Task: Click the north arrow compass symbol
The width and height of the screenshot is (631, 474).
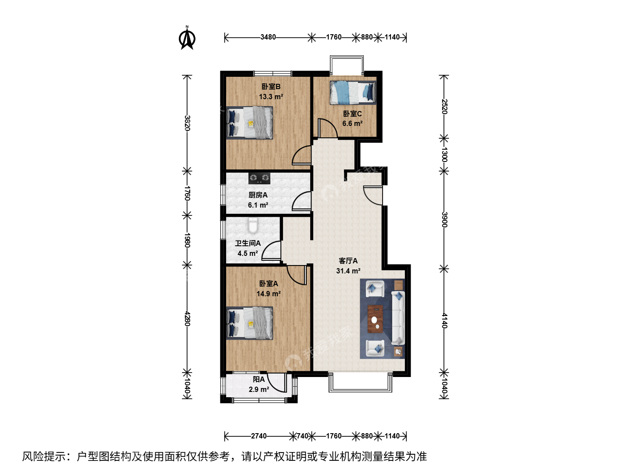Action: [x=187, y=38]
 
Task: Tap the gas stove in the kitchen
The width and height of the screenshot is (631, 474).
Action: [x=259, y=179]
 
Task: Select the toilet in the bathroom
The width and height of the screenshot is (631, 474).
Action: [x=253, y=225]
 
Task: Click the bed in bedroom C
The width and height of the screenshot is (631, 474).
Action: [x=353, y=92]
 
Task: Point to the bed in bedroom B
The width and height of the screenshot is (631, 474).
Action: [x=249, y=123]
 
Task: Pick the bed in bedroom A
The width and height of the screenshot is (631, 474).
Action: [x=249, y=323]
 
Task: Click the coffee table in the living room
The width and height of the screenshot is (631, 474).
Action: [x=375, y=319]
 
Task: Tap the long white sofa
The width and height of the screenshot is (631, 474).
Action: [x=398, y=318]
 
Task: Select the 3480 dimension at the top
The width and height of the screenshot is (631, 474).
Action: [x=268, y=37]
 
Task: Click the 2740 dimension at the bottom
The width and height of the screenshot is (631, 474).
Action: [x=259, y=436]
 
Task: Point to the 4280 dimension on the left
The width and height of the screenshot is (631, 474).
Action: [x=187, y=319]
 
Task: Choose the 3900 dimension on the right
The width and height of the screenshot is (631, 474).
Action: [x=444, y=219]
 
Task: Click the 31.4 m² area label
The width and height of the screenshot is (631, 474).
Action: [x=348, y=271]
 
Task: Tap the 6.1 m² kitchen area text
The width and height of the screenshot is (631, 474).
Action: [x=258, y=205]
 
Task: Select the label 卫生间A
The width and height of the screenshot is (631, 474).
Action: [x=248, y=243]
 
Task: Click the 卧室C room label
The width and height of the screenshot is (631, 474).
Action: [x=352, y=114]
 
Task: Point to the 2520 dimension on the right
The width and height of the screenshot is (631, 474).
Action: [x=444, y=107]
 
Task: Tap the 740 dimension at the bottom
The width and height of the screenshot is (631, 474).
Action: [x=302, y=436]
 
